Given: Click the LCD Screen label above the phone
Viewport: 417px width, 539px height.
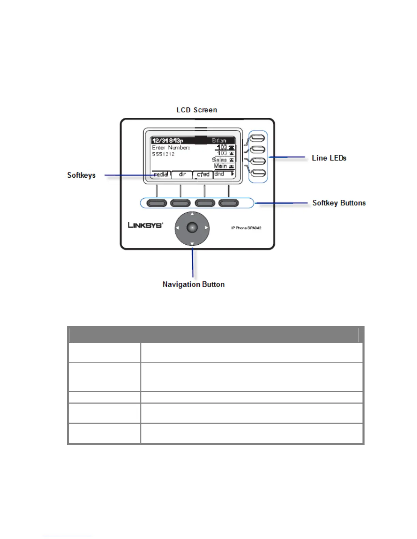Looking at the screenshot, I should (x=197, y=110).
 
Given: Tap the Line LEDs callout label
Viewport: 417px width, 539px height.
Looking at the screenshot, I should (x=329, y=158).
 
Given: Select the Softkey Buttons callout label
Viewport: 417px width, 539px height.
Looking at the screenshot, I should (x=339, y=203).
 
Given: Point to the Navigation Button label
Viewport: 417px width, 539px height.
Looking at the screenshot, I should (x=194, y=284).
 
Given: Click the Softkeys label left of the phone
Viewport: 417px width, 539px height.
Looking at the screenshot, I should (x=81, y=175).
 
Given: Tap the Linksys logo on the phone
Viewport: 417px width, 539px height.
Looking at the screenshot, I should (x=145, y=225).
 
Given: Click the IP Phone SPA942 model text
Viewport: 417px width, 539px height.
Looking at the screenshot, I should (x=246, y=228).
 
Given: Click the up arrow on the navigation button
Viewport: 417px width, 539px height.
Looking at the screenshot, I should (x=192, y=214).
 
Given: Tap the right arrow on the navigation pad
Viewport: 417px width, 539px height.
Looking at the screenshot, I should (x=206, y=228).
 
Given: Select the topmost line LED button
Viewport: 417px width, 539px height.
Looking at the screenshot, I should (x=258, y=138).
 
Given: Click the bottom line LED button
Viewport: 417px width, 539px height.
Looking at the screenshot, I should (x=258, y=173).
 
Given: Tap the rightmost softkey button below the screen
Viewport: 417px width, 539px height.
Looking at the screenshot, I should (x=228, y=203).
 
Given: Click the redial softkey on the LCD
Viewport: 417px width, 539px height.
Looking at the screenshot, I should (x=161, y=174).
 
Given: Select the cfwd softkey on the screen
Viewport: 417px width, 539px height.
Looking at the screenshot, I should (x=203, y=174).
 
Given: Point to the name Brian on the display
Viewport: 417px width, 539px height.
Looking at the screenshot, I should (x=219, y=141).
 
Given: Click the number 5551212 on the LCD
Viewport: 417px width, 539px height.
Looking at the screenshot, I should (x=163, y=154).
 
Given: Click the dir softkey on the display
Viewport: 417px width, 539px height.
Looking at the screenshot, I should (x=182, y=174).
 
